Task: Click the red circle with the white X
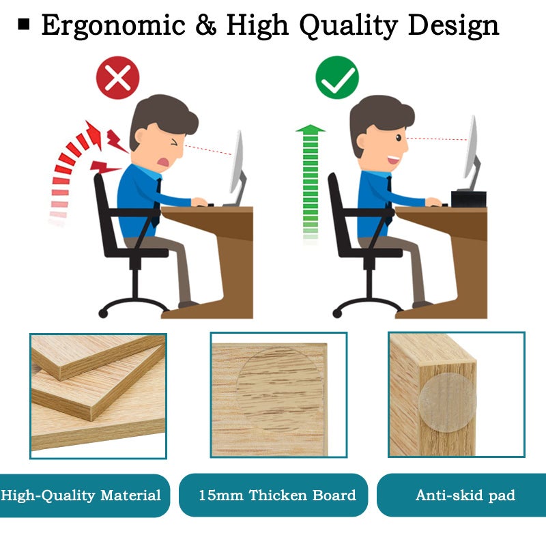[117, 78]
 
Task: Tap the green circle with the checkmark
[337, 78]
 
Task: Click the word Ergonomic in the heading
[113, 26]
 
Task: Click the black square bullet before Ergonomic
[25, 26]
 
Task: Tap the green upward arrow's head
[311, 129]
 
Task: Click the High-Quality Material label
[82, 495]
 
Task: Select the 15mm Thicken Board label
[277, 495]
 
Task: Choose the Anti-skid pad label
[465, 495]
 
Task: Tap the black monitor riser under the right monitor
[468, 199]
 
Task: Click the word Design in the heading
[454, 26]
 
